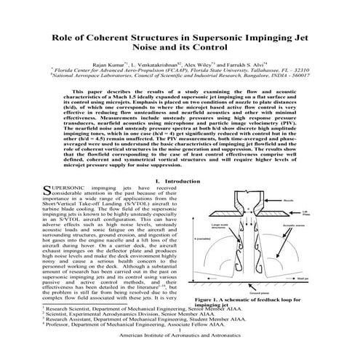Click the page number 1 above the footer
pos(180,348)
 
